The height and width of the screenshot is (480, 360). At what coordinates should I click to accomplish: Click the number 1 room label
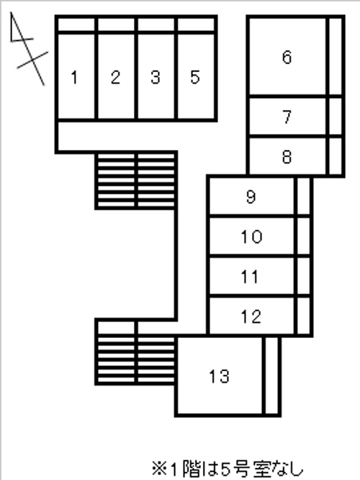coord(74,77)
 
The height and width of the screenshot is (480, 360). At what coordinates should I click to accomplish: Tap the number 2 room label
coord(115,77)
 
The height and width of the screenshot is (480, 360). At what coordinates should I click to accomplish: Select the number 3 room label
coord(156,77)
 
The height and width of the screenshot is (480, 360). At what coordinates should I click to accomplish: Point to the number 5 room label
coord(195,77)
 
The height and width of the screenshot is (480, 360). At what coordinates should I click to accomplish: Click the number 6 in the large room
coord(287,57)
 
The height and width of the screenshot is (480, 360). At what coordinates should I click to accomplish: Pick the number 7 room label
coord(287,117)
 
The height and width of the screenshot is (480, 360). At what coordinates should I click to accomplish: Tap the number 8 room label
coord(287,156)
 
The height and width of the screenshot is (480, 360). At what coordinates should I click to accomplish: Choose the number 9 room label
coord(251,197)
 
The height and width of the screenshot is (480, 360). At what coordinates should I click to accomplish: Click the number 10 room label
coord(251,236)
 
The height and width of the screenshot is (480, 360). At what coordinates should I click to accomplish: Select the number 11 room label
coord(250,277)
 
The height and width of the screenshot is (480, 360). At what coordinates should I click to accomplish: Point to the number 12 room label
coord(251,316)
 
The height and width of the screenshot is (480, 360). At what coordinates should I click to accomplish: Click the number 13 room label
coord(219,376)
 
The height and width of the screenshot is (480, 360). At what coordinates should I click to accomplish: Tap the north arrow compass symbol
coord(28,49)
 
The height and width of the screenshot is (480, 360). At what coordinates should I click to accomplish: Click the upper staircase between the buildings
coord(136,181)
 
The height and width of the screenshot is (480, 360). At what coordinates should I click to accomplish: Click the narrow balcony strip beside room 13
coord(271,376)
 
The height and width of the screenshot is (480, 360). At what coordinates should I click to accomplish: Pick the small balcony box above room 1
coord(76,25)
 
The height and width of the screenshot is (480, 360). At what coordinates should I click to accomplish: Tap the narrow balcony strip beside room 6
coord(336,56)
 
